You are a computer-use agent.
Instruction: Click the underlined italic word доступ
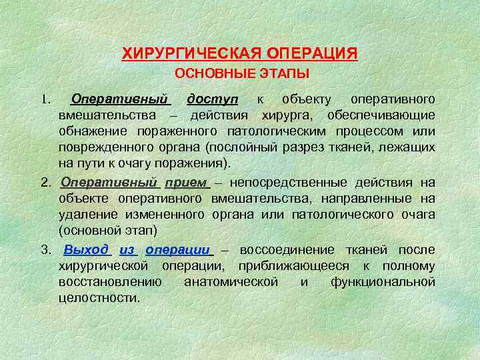(x=212, y=99)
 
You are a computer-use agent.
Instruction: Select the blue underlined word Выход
(x=86, y=249)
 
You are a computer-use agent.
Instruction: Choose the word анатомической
(x=231, y=282)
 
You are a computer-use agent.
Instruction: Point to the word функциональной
(x=383, y=282)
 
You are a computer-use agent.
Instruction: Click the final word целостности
(x=99, y=298)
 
